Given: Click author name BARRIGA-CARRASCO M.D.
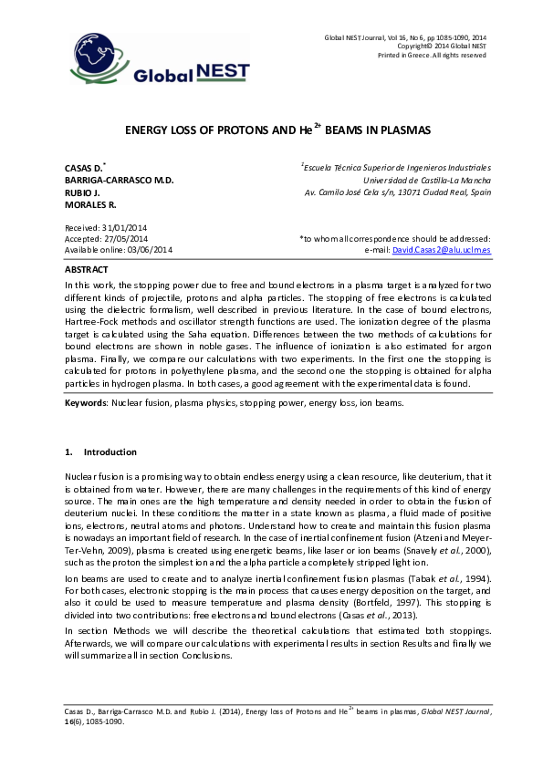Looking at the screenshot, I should pyautogui.click(x=119, y=181).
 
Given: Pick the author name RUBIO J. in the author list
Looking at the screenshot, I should pyautogui.click(x=82, y=193).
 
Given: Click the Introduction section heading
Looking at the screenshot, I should pyautogui.click(x=110, y=452).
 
